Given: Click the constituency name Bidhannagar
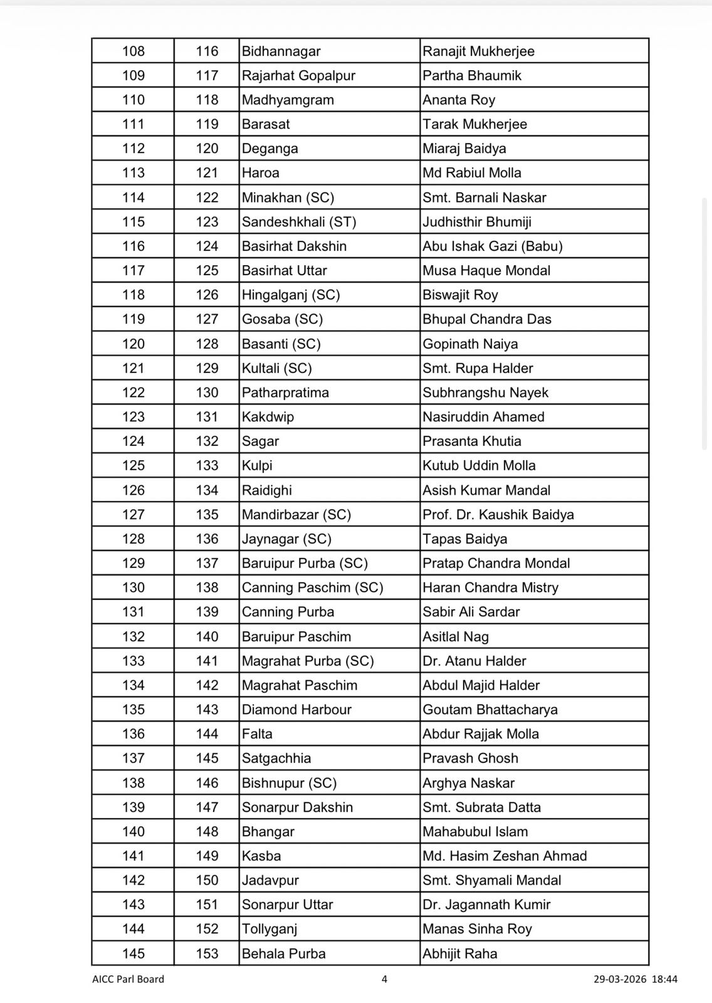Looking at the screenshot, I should [281, 51].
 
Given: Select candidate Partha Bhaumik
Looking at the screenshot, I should [471, 76].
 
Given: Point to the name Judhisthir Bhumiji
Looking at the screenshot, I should [476, 222].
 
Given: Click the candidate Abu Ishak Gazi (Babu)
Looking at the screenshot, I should [492, 246].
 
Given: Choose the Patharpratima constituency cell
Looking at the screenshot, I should [285, 392].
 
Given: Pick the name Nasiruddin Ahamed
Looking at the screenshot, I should [483, 417].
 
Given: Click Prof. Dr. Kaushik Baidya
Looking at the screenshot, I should [498, 515].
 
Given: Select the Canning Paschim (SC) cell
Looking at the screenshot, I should [312, 587].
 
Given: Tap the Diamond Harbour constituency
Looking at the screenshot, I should [296, 710].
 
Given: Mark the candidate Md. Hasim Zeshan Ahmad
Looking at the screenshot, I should [505, 856].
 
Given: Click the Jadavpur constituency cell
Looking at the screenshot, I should [270, 880].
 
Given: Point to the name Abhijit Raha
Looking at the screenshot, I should [459, 953].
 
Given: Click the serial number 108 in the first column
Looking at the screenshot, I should [133, 51].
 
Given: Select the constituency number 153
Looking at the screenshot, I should [207, 953].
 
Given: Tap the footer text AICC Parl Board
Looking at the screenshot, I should [128, 979].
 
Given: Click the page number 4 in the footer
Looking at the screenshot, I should [384, 979].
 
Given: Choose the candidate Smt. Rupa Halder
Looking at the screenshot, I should [478, 368].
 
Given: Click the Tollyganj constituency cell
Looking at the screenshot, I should [269, 929].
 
